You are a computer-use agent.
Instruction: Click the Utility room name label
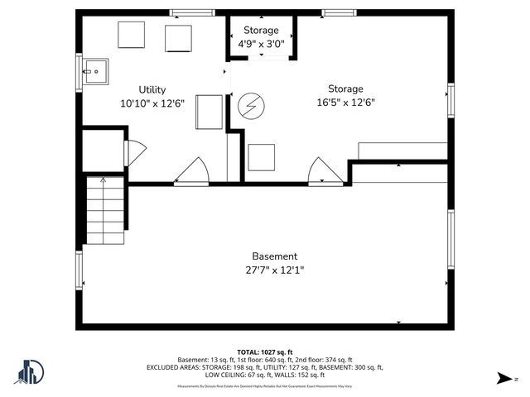152,90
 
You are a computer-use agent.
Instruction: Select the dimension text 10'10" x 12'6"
152,103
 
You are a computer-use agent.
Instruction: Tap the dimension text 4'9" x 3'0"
261,44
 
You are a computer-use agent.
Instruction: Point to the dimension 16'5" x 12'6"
345,103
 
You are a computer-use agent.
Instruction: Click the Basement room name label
274,256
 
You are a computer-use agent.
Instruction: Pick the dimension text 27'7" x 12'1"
274,270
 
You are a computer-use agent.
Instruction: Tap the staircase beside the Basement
104,210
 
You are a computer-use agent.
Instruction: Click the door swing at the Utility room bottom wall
192,171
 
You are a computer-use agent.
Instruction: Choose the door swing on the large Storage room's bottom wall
325,171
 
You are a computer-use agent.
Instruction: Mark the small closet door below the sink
134,152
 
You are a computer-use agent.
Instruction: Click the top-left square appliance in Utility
131,35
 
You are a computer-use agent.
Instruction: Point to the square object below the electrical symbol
261,157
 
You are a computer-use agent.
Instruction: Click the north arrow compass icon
503,378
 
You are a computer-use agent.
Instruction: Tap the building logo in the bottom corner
29,372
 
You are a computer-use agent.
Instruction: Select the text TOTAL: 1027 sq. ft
265,352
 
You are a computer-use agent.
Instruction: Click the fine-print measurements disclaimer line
265,386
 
